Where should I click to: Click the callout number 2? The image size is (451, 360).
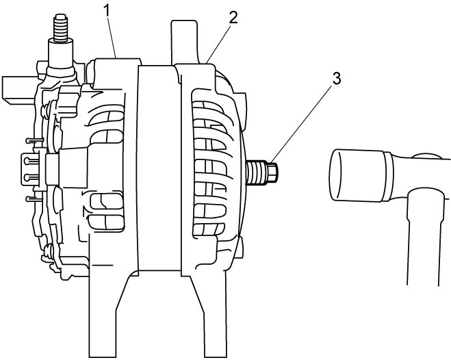[233, 17]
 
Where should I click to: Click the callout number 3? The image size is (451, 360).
[336, 79]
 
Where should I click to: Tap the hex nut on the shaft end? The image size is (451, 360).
[272, 172]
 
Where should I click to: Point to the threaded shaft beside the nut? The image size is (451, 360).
[257, 172]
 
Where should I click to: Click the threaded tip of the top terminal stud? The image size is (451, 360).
[61, 27]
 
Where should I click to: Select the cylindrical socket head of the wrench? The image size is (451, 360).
[357, 175]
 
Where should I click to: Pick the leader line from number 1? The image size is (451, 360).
[112, 38]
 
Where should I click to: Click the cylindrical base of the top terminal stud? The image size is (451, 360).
[61, 54]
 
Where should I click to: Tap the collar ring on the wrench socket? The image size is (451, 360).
[388, 177]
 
